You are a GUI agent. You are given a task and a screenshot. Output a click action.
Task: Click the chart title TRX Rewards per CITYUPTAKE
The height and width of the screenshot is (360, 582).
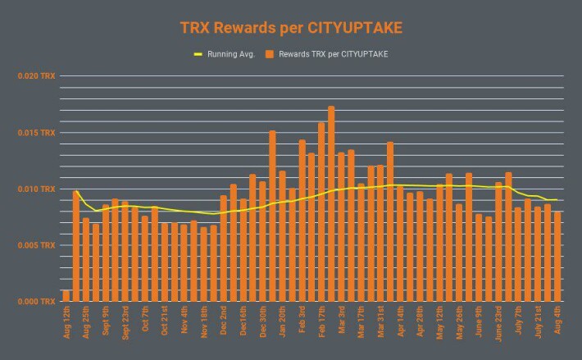click(x=291, y=28)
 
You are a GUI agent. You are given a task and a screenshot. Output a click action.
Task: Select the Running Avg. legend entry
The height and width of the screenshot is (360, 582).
click(x=224, y=54)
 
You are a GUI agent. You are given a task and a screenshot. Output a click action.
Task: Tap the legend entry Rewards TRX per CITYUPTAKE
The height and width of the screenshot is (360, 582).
click(x=326, y=54)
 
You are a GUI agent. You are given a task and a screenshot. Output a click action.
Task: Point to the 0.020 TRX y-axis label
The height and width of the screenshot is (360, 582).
click(x=36, y=75)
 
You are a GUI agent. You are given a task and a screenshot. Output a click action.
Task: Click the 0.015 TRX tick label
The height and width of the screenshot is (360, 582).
click(x=36, y=133)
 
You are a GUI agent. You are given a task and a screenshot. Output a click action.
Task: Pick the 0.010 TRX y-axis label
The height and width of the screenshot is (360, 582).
click(x=36, y=189)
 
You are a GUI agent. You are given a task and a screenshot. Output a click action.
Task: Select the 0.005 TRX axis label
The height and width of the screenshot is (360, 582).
click(x=36, y=245)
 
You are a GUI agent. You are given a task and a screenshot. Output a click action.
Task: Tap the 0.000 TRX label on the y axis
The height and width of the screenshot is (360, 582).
click(x=36, y=301)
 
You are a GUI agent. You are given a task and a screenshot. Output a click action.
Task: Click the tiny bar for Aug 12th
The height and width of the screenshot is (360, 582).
click(x=66, y=296)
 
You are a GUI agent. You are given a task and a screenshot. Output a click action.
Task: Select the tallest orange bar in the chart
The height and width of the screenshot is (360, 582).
click(x=331, y=203)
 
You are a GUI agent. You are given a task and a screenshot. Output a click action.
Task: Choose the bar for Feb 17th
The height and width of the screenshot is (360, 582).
click(x=321, y=212)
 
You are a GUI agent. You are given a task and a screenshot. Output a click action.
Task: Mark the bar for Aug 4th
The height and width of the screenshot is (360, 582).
click(x=557, y=257)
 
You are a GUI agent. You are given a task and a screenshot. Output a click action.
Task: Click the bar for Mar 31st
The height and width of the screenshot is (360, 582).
click(x=380, y=233)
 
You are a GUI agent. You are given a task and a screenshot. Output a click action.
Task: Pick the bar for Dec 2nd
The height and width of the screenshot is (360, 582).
click(x=224, y=248)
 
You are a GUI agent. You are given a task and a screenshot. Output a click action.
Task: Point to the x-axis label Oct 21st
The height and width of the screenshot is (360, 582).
click(x=165, y=321)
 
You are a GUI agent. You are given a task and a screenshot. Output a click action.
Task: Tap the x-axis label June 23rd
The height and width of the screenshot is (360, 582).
click(x=498, y=323)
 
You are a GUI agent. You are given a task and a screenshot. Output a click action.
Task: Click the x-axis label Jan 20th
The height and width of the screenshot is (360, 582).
click(x=282, y=321)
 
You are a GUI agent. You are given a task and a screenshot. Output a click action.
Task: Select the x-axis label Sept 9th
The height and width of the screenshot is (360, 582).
click(x=106, y=321)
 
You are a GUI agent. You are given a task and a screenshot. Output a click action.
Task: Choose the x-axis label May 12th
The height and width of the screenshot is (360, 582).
click(x=439, y=322)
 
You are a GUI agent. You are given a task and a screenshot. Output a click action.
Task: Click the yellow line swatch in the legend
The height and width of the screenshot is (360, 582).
click(x=198, y=55)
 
